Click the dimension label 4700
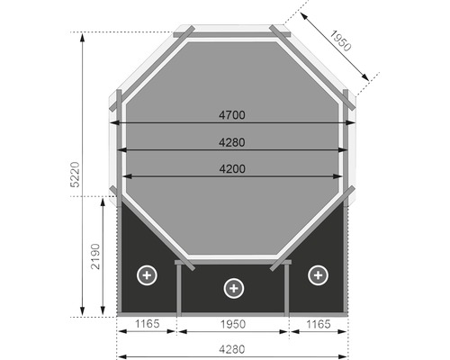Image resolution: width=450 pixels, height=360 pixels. point(232,115)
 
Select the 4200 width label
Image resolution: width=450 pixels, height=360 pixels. point(232,168)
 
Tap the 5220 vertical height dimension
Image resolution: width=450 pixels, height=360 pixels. point(76,175)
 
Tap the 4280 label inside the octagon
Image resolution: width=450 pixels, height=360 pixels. point(232,141)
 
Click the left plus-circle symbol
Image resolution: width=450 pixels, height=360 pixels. point(146,274)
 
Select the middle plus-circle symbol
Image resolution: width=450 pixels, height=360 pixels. point(233,288)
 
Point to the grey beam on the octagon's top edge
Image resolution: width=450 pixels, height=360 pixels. point(231,35)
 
